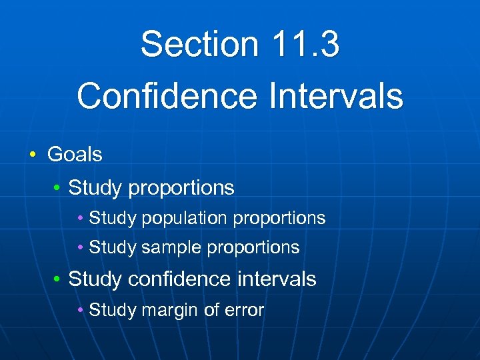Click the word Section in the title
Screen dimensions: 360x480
click(199, 44)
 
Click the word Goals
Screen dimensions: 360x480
click(75, 155)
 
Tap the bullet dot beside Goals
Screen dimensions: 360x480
click(33, 155)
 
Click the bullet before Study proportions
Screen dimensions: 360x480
click(57, 189)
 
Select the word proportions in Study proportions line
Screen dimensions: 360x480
click(181, 189)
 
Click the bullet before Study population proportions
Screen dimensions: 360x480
click(80, 218)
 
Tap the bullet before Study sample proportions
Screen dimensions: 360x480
click(80, 248)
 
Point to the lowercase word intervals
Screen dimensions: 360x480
click(277, 279)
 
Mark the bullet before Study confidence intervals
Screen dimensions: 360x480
click(57, 279)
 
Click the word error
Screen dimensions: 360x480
click(243, 310)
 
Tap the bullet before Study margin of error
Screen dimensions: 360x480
click(80, 311)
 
